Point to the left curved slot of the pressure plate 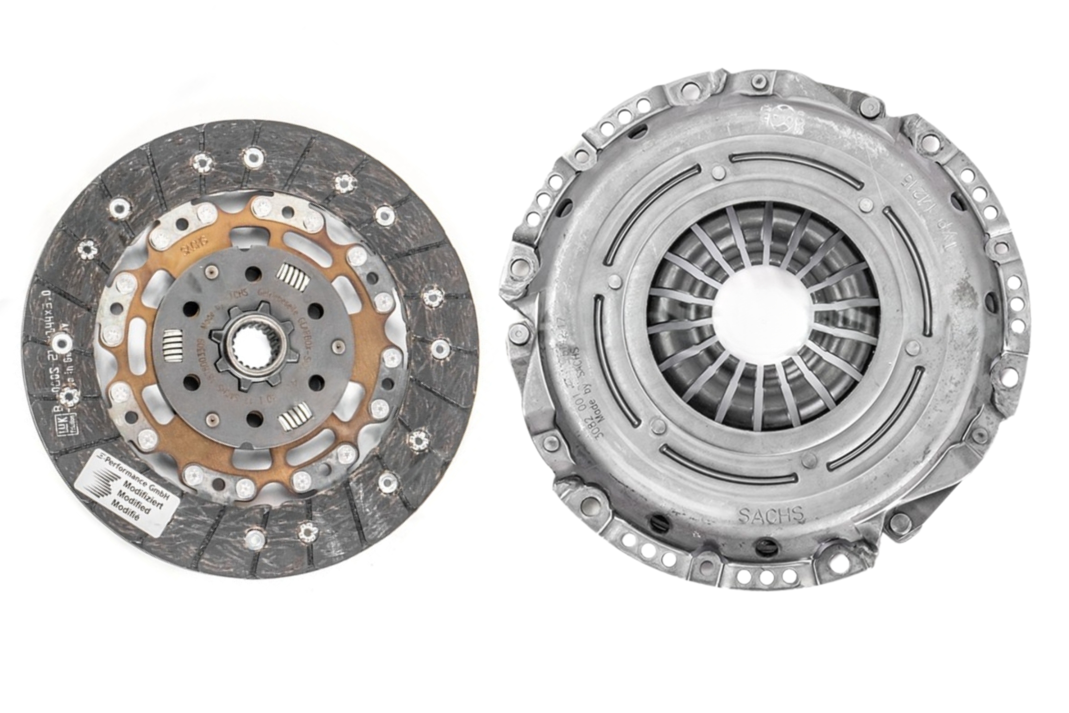click(598, 346)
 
